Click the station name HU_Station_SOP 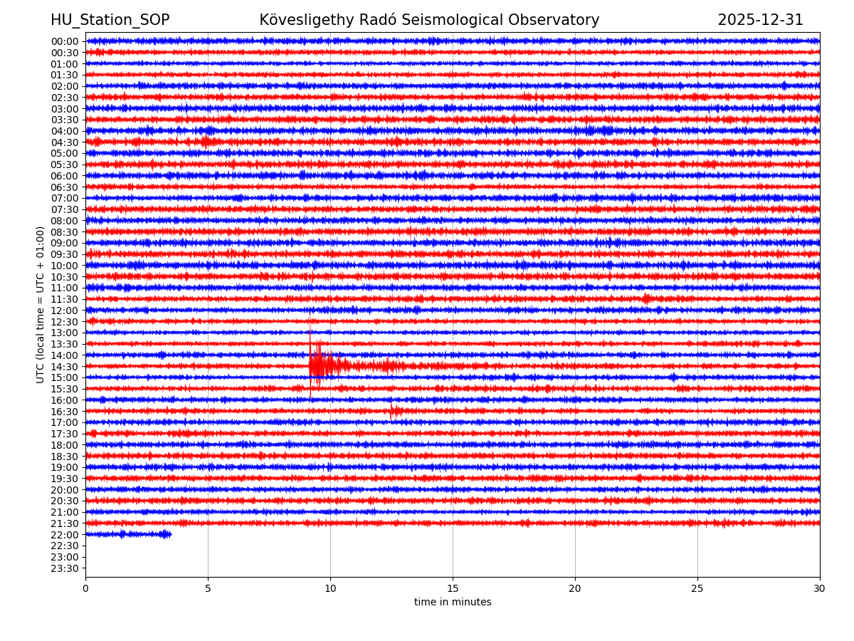tap(110, 20)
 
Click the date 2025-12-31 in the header tap(760, 20)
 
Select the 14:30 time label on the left tap(64, 366)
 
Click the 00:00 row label tap(64, 41)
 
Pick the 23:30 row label tap(64, 568)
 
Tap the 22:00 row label tap(64, 535)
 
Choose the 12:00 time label tap(64, 311)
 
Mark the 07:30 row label tap(64, 209)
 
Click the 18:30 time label tap(64, 457)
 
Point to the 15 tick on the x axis tap(453, 588)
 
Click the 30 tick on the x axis tap(820, 588)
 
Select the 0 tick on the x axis tap(85, 588)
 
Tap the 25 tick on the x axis tap(697, 588)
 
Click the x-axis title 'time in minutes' tap(453, 603)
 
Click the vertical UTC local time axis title tap(41, 305)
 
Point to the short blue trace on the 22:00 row tap(128, 534)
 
